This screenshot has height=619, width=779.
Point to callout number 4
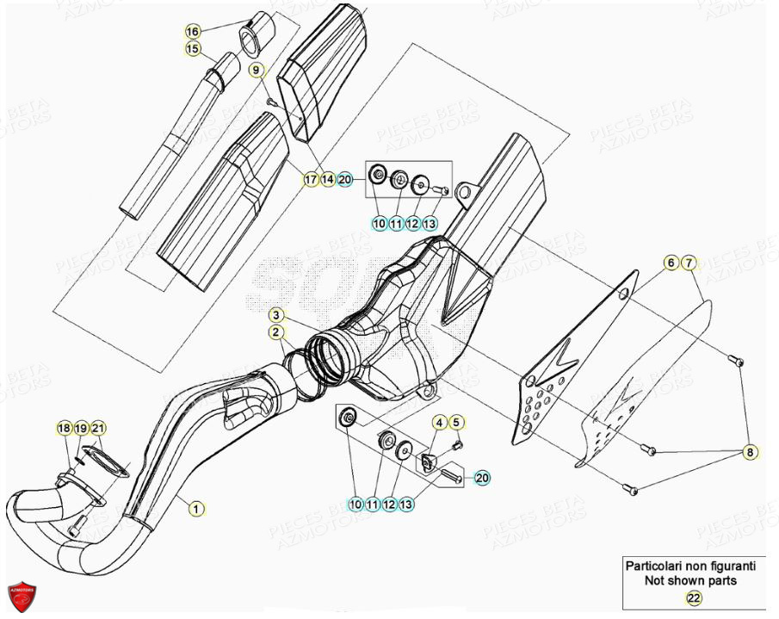pyautogui.click(x=438, y=422)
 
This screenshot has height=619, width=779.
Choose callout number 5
pyautogui.click(x=456, y=422)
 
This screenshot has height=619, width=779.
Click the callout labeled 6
pyautogui.click(x=671, y=263)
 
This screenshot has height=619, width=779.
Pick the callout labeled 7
pyautogui.click(x=689, y=263)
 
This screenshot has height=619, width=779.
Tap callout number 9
pyautogui.click(x=256, y=69)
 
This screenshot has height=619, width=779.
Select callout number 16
pyautogui.click(x=192, y=32)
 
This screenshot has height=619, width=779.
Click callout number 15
pyautogui.click(x=192, y=49)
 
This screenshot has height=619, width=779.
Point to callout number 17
pyautogui.click(x=310, y=179)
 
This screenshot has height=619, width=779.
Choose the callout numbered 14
pyautogui.click(x=327, y=179)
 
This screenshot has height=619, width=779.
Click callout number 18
pyautogui.click(x=64, y=428)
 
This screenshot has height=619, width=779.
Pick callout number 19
pyautogui.click(x=81, y=428)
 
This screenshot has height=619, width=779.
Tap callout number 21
pyautogui.click(x=98, y=428)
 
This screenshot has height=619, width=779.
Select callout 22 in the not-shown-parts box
pyautogui.click(x=693, y=597)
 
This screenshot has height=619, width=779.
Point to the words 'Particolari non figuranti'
pyautogui.click(x=690, y=566)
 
